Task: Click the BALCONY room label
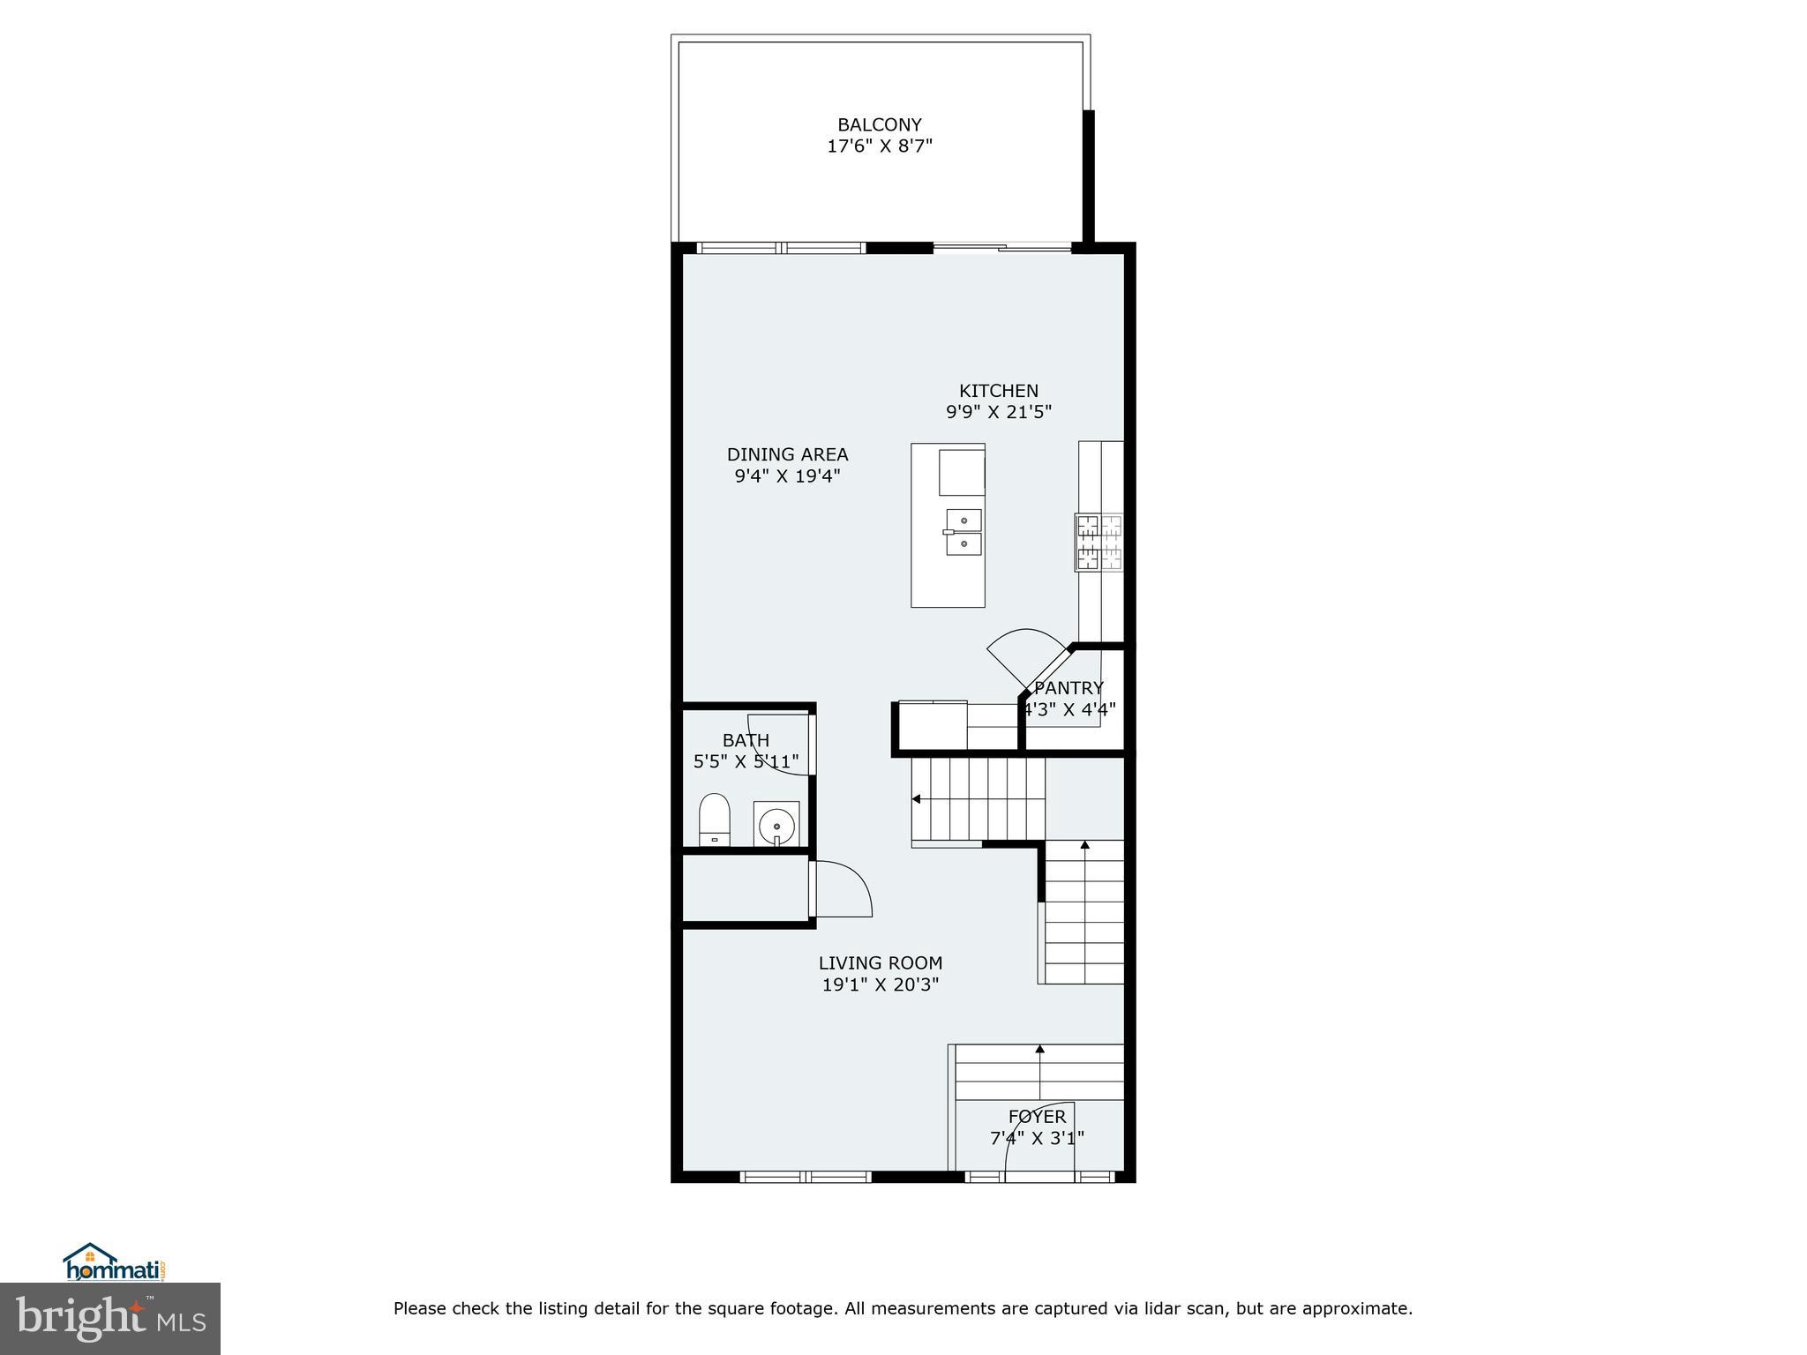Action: pyautogui.click(x=879, y=125)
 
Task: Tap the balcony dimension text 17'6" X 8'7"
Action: pyautogui.click(x=879, y=146)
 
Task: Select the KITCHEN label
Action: pyautogui.click(x=999, y=391)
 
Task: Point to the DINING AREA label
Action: pyautogui.click(x=787, y=455)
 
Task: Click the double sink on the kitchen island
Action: pyautogui.click(x=963, y=533)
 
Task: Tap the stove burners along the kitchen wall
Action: pyautogui.click(x=1099, y=543)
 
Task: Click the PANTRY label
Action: pyautogui.click(x=1068, y=688)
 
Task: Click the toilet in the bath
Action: pyautogui.click(x=715, y=820)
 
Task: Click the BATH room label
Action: pyautogui.click(x=746, y=741)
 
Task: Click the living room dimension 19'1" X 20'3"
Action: pyautogui.click(x=880, y=985)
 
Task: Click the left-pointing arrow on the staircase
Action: pyautogui.click(x=916, y=799)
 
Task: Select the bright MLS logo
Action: pyautogui.click(x=109, y=1319)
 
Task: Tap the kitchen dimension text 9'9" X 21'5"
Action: pyautogui.click(x=999, y=412)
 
